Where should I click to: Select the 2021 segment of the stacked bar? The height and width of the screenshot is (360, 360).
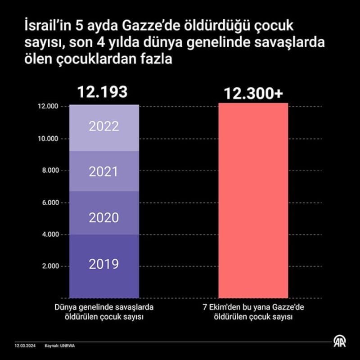tap(104, 171)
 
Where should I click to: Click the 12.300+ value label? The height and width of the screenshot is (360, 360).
tap(253, 94)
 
